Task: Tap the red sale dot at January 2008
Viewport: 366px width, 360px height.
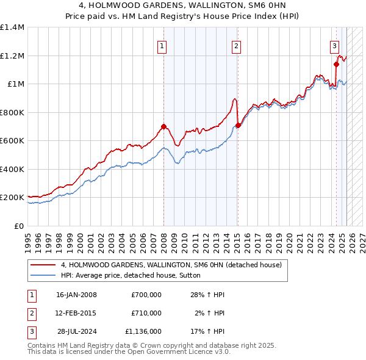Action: point(163,127)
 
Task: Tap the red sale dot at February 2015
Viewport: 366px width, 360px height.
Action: point(237,126)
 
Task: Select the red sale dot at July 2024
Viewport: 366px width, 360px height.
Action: point(336,63)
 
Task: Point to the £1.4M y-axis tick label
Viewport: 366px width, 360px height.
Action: point(13,27)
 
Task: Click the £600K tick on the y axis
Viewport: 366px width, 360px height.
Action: point(13,141)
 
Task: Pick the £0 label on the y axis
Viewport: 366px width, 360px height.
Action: point(18,226)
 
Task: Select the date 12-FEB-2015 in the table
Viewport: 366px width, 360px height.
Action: point(76,313)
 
